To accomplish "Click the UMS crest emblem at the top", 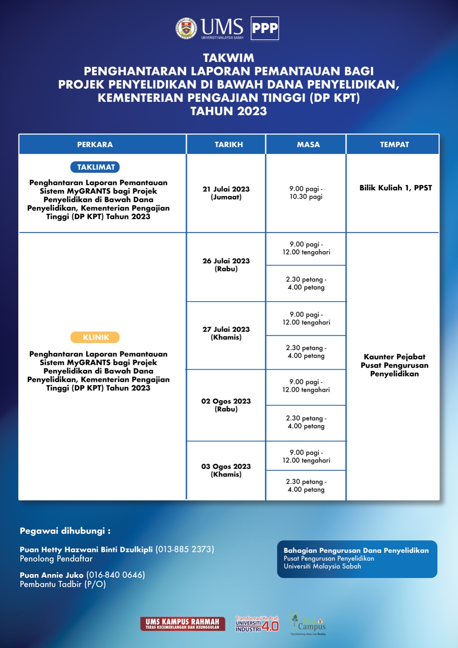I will click(186, 28).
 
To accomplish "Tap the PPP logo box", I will click(265, 28).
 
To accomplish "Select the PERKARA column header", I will click(95, 145).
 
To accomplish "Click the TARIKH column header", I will click(229, 145).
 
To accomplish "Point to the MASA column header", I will click(308, 145).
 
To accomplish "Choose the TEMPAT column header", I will click(394, 145).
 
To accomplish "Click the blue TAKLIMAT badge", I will click(96, 167).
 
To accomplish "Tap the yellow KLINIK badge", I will click(96, 337).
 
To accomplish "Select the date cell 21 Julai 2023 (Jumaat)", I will click(226, 193).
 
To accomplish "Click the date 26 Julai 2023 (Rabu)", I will click(226, 265).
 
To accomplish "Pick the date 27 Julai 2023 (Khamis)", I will click(226, 333).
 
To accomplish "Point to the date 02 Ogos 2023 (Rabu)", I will click(226, 405).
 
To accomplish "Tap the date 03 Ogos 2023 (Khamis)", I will click(226, 470).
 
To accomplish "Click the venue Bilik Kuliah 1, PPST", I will click(396, 188).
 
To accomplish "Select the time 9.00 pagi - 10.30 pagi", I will click(306, 193).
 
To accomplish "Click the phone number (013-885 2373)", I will click(185, 550).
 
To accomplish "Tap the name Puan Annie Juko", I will click(52, 575).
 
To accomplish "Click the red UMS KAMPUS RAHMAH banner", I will click(182, 624).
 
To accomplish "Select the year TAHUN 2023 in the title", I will click(229, 111).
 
